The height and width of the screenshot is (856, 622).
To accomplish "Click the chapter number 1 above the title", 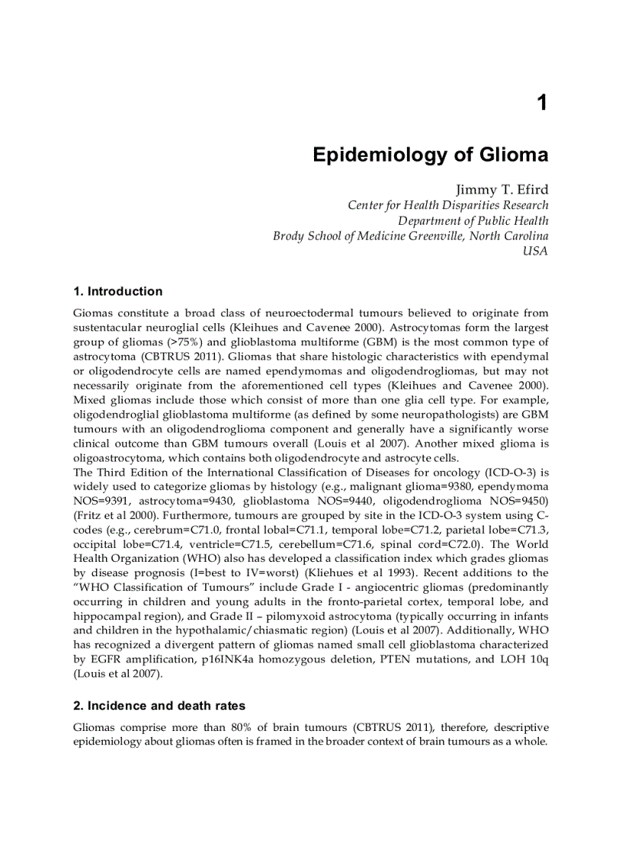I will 542,103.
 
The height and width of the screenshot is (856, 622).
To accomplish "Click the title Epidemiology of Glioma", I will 430,155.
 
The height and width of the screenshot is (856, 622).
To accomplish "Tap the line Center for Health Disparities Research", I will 447,205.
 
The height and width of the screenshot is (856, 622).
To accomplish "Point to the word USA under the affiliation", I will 535,251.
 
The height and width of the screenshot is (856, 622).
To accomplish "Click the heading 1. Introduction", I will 117,291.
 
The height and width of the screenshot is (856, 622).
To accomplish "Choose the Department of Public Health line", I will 473,220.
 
